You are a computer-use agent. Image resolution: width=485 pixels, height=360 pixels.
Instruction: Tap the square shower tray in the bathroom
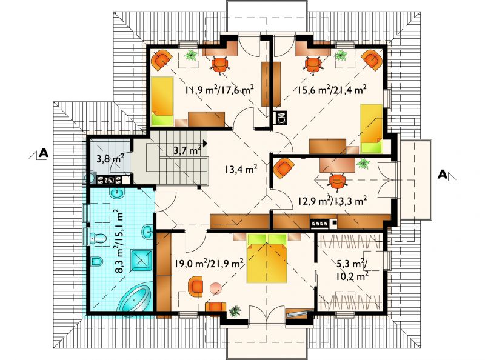point(142,261)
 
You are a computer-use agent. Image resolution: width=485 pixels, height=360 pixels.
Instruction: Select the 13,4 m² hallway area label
point(241,169)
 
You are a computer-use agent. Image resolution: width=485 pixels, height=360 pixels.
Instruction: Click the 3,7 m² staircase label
point(187,151)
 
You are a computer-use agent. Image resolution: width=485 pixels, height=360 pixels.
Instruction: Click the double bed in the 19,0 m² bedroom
point(267,258)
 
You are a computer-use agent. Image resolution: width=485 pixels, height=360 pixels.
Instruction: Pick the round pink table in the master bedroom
point(216,288)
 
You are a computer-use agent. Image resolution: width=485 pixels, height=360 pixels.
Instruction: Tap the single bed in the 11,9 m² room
point(162,101)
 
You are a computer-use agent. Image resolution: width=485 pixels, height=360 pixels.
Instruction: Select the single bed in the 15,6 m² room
point(372,128)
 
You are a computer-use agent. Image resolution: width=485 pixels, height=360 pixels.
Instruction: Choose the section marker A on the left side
point(39,153)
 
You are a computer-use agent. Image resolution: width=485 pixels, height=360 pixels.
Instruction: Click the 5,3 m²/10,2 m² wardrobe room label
point(352,270)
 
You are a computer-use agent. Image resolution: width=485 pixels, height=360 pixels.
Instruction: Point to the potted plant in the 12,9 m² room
point(363,163)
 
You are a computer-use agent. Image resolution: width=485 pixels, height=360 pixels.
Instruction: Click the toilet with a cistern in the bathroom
point(98,238)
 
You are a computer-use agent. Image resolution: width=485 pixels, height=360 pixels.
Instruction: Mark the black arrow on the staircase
point(205,144)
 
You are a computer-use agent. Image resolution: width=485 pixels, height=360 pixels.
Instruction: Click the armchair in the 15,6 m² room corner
point(372,59)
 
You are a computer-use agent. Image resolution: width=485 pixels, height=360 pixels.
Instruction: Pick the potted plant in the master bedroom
point(235,311)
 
